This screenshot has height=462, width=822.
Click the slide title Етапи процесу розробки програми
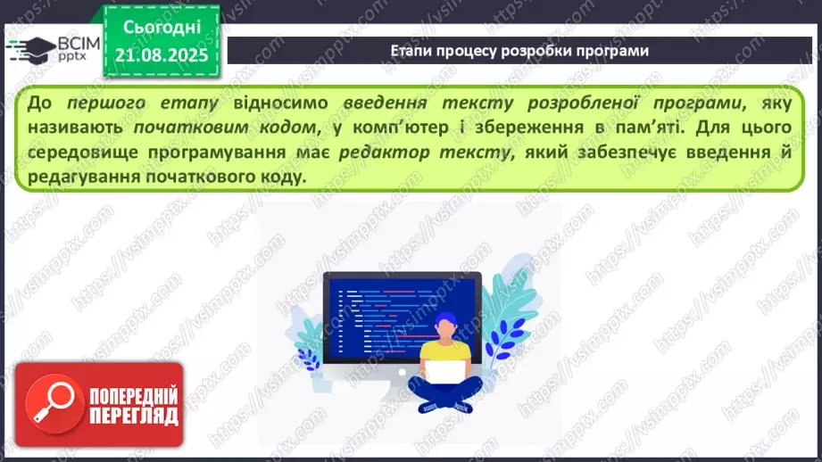(519, 51)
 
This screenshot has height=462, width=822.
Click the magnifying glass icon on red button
(55, 406)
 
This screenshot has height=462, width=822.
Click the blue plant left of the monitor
(309, 338)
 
